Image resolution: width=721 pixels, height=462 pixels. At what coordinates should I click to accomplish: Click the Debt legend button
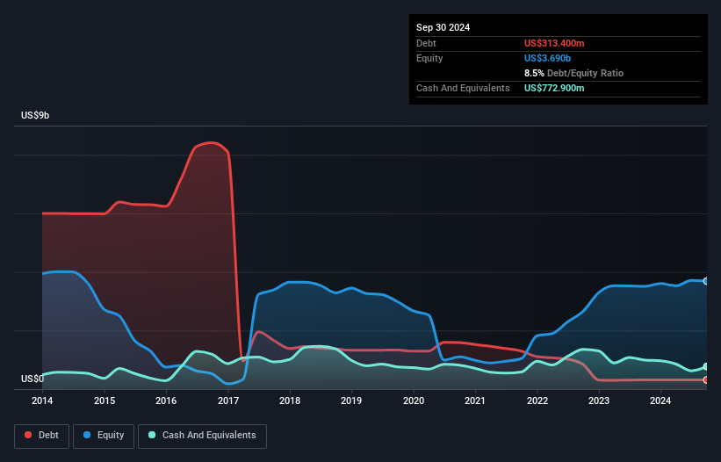(x=42, y=435)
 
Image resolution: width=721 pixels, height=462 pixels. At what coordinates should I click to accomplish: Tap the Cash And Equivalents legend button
(x=202, y=435)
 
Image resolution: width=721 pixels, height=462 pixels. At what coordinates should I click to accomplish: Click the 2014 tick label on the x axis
(x=42, y=401)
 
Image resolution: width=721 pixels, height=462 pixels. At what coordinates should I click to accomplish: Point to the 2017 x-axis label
(x=228, y=401)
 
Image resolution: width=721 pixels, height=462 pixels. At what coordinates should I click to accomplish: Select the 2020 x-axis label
(x=414, y=401)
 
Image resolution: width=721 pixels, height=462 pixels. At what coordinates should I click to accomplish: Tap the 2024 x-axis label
(x=660, y=401)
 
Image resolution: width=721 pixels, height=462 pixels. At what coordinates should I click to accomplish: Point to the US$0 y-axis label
(x=32, y=379)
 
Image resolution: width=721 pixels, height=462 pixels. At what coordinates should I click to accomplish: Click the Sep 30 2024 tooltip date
(x=443, y=27)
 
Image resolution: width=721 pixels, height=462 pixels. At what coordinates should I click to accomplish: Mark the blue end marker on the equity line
(x=706, y=281)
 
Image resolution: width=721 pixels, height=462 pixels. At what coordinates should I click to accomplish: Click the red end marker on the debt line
(x=706, y=379)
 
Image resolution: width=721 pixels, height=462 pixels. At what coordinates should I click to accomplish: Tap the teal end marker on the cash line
(x=706, y=366)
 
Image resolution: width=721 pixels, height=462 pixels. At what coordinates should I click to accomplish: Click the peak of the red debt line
(x=211, y=142)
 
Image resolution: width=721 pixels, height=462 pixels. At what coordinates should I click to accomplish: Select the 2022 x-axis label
(x=537, y=401)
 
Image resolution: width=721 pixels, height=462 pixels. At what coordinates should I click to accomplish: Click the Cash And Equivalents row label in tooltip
(x=463, y=88)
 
